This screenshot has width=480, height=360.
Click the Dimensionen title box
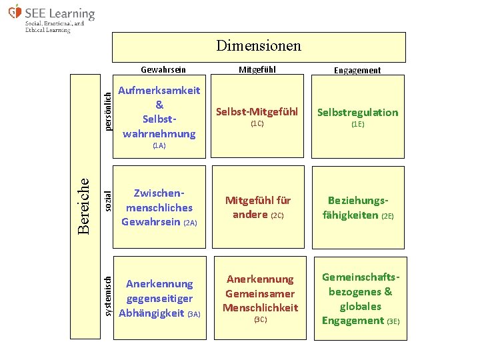(x=259, y=46)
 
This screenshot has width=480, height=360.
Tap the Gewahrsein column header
(x=163, y=70)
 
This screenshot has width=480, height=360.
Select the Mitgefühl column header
(x=257, y=70)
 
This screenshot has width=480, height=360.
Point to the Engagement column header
(x=357, y=70)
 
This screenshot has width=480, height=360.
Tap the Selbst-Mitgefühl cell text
(x=257, y=111)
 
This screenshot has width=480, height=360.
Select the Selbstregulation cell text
(x=357, y=112)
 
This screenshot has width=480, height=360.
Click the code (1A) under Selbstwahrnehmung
(x=159, y=145)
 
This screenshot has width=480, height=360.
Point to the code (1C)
(x=257, y=124)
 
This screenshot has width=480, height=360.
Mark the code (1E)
(x=357, y=124)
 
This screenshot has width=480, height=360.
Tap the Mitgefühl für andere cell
(x=257, y=207)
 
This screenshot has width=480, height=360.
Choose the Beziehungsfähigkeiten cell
(x=359, y=207)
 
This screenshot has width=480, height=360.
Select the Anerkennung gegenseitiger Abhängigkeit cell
(x=160, y=298)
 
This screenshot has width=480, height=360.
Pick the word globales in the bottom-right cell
(x=361, y=306)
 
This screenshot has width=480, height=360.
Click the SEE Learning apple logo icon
(x=15, y=12)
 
